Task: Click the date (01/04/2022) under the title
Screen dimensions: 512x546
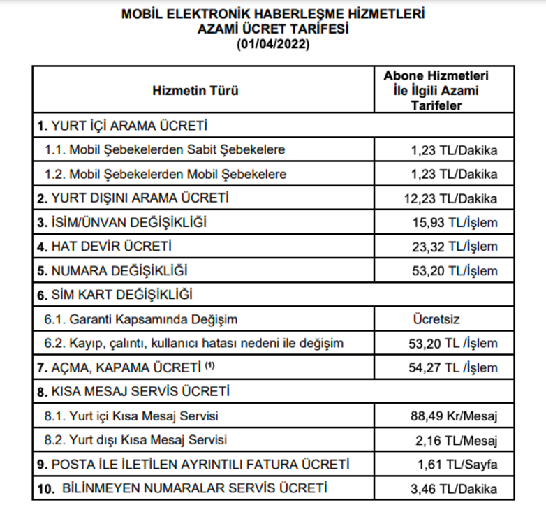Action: click(273, 44)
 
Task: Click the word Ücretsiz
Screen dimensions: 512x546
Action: click(437, 319)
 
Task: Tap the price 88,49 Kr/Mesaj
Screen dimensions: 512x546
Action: click(454, 416)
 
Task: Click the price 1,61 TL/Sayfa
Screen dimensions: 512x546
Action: click(458, 465)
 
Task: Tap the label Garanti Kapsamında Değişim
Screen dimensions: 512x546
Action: click(153, 319)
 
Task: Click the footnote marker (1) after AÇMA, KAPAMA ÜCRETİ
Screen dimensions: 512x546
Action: click(209, 365)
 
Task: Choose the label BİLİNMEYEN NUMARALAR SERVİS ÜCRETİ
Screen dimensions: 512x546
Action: click(195, 488)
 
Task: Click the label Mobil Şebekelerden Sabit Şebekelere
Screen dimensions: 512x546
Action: click(177, 149)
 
